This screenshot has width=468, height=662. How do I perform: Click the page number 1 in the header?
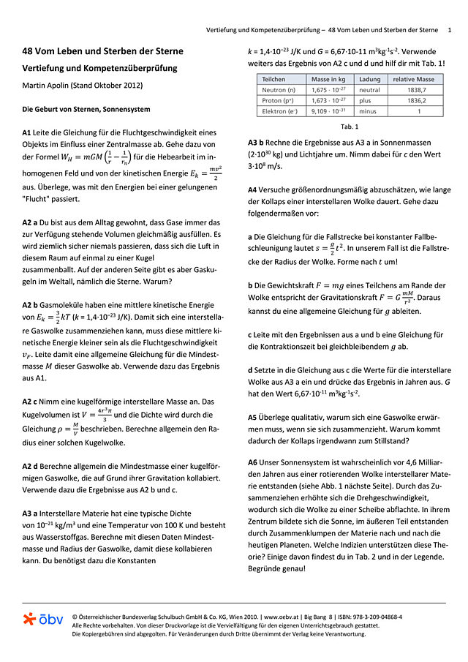(x=450, y=30)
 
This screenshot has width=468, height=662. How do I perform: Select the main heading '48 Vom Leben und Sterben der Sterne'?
(x=102, y=51)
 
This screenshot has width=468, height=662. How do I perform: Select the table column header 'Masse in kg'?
(x=329, y=79)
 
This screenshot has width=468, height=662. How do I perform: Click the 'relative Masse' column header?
(x=413, y=79)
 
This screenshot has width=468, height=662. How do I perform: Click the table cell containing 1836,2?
(x=414, y=100)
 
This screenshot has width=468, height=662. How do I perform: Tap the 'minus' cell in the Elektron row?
(x=368, y=111)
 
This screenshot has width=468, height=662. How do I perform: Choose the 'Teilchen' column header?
(x=273, y=79)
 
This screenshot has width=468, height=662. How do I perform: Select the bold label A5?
(x=253, y=416)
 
